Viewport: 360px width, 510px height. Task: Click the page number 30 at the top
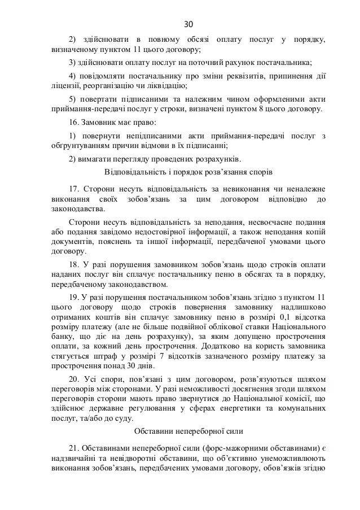coord(188,24)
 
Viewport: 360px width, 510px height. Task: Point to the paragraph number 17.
coord(73,188)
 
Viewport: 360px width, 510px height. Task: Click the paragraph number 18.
coord(73,264)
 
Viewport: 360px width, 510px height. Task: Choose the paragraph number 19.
coord(73,297)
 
